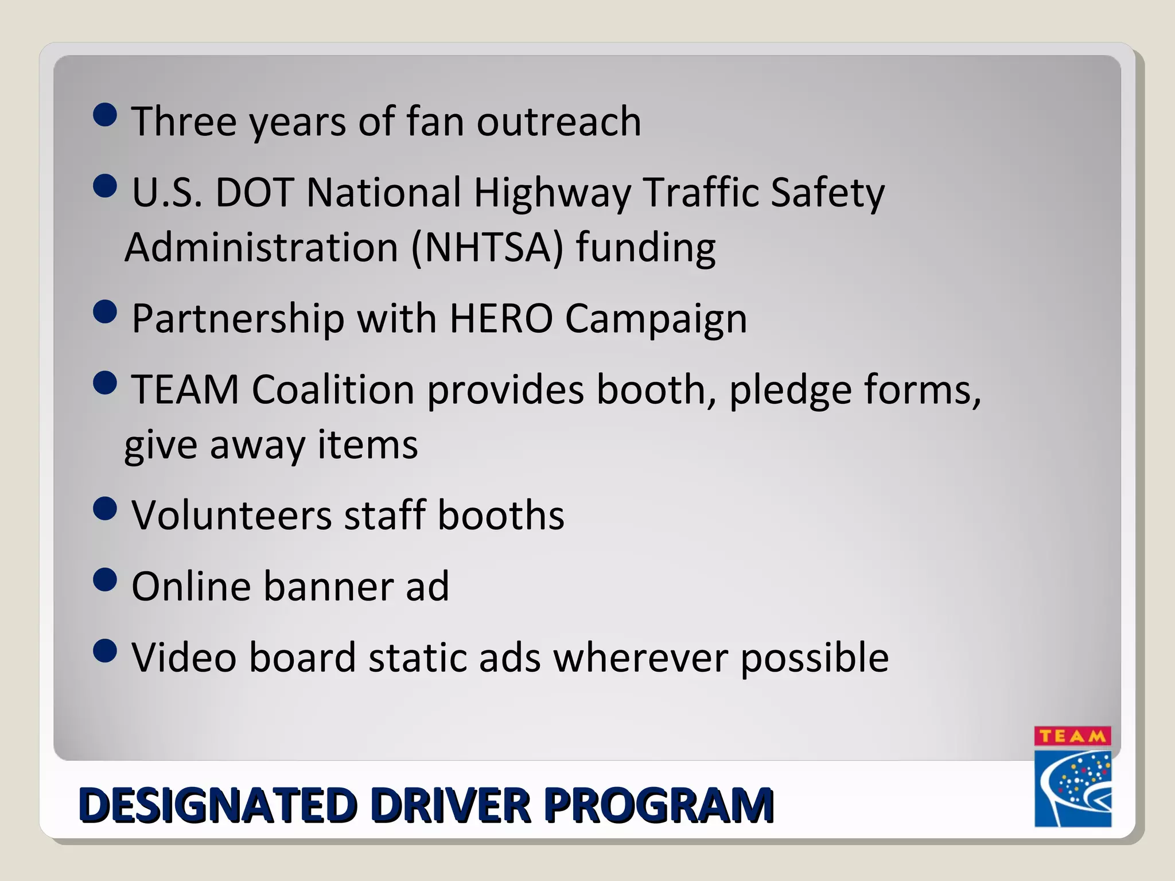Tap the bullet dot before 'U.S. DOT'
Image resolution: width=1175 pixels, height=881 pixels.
(x=104, y=186)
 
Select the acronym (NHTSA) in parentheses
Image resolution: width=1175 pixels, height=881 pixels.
(x=487, y=248)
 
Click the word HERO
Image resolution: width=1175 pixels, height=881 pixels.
(x=501, y=318)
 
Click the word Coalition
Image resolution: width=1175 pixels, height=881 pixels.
(x=333, y=390)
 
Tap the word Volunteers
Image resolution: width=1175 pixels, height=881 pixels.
(x=232, y=515)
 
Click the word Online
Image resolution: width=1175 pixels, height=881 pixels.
(x=191, y=586)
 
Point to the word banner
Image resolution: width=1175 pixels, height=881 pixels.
(x=328, y=586)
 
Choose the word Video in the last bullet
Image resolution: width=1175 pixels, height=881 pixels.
(x=184, y=657)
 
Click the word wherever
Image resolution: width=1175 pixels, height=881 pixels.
(x=640, y=657)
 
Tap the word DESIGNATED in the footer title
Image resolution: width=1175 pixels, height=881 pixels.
(x=217, y=805)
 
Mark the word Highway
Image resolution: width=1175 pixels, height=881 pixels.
(x=551, y=193)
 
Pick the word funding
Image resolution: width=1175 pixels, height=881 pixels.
(x=645, y=248)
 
